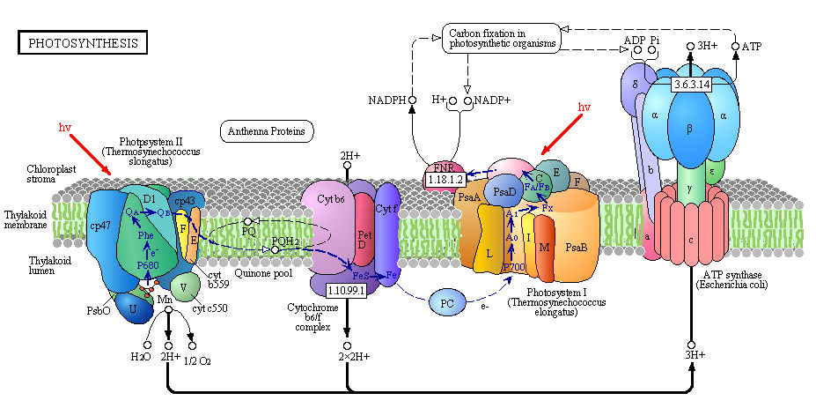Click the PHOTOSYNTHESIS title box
[x=84, y=42]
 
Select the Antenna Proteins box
[x=267, y=132]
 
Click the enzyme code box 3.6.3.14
[x=691, y=85]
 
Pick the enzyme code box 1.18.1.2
[x=445, y=179]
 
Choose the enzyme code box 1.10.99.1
[x=346, y=289]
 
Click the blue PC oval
[x=447, y=303]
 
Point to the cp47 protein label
[x=99, y=226]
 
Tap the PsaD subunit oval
[x=504, y=190]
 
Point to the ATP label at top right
[x=752, y=45]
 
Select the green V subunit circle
[x=184, y=286]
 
